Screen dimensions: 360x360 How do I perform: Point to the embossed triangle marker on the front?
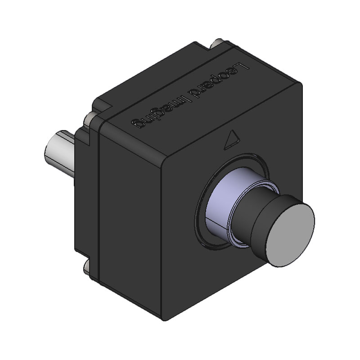[x=231, y=139]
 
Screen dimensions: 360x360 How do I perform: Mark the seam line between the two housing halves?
[x=97, y=180]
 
